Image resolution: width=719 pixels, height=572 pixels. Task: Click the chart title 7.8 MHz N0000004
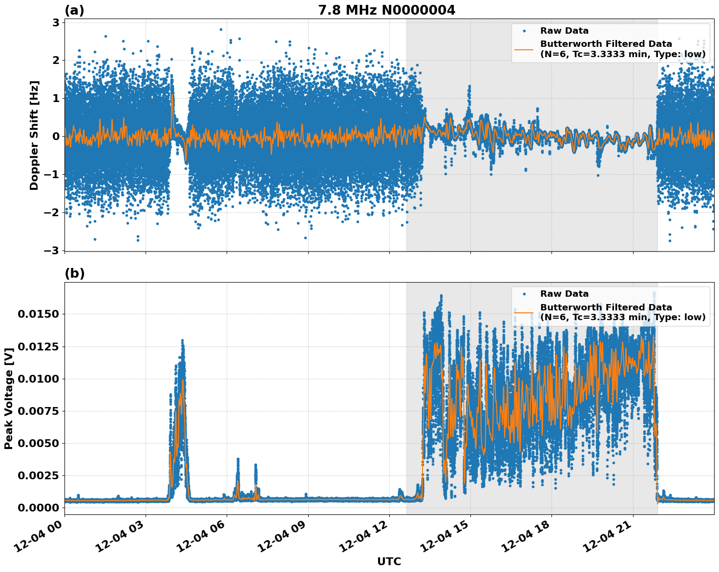[x=386, y=10]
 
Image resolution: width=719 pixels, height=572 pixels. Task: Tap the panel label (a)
[x=74, y=10]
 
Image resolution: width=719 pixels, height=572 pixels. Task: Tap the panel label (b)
[x=74, y=273]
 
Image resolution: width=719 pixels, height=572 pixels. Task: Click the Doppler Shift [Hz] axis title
[x=34, y=135]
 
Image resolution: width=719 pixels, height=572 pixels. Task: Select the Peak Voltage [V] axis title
[x=8, y=398]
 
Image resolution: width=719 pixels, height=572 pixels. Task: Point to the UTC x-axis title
[x=389, y=561]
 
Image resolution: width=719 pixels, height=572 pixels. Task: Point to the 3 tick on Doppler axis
[x=56, y=23]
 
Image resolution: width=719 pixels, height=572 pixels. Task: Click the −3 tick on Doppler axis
[x=52, y=250]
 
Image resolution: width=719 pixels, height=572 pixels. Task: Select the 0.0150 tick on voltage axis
[x=38, y=314]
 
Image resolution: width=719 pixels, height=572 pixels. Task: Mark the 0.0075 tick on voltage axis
[x=38, y=411]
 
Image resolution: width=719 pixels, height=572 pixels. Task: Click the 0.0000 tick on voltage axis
[x=38, y=508]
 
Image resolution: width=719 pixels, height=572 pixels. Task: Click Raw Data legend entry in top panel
[x=564, y=31]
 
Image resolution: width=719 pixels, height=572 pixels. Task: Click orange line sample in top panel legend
[x=524, y=49]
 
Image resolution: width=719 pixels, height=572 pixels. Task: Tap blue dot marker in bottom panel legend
[x=524, y=294]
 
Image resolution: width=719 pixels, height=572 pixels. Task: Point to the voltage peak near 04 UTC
[x=182, y=341]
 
